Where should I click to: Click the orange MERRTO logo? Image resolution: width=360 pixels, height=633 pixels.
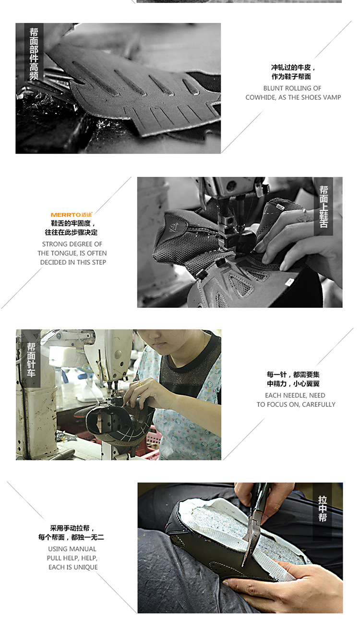pyautogui.click(x=72, y=215)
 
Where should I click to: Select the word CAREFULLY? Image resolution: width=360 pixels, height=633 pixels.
pyautogui.click(x=319, y=405)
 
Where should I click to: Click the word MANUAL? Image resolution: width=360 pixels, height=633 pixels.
pyautogui.click(x=84, y=549)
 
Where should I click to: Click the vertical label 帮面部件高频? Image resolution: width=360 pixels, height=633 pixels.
pyautogui.click(x=34, y=53)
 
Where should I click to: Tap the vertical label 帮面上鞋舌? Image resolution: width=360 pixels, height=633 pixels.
pyautogui.click(x=324, y=207)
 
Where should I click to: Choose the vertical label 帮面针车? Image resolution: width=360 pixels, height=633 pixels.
pyautogui.click(x=31, y=360)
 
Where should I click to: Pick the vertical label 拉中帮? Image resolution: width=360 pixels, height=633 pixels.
pyautogui.click(x=323, y=509)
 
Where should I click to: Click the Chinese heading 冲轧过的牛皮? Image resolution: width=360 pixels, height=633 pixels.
pyautogui.click(x=291, y=68)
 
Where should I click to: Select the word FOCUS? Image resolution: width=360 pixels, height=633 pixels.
pyautogui.click(x=279, y=405)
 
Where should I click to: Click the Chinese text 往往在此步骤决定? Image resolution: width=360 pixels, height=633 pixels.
pyautogui.click(x=71, y=232)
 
